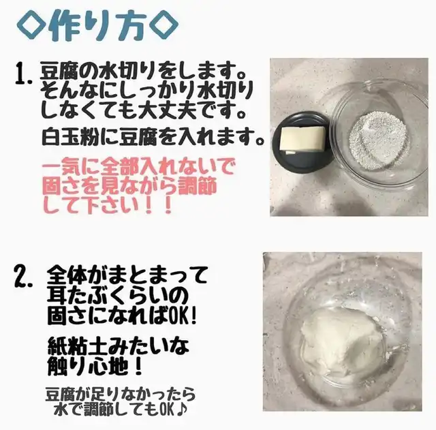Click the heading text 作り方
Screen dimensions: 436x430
coord(97,26)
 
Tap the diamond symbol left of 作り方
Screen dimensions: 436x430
coord(31,25)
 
